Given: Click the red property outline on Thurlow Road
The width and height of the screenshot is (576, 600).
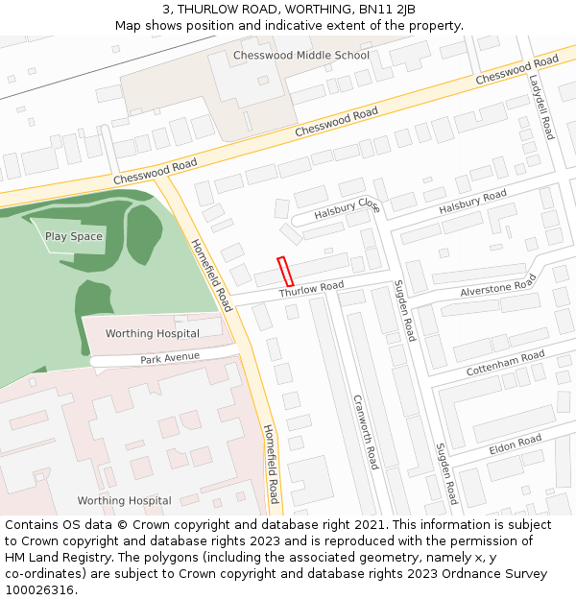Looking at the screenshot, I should click(x=285, y=272).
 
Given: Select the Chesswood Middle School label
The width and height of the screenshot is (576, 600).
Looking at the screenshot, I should click(x=300, y=56).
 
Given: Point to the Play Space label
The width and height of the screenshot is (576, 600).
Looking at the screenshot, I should click(x=74, y=236).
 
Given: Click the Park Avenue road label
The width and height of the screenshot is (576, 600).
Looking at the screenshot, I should click(x=170, y=357).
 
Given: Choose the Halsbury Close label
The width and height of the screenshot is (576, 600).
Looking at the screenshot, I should click(x=348, y=206).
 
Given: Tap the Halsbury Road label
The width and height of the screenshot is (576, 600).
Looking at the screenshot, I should click(x=472, y=203).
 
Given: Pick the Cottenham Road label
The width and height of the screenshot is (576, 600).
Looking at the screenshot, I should click(x=505, y=363).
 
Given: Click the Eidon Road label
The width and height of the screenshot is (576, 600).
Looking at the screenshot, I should click(x=516, y=444).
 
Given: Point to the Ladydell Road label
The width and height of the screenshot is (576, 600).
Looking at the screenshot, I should click(x=541, y=108).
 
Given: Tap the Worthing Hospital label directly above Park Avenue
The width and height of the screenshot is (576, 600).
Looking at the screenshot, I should click(x=153, y=334).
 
